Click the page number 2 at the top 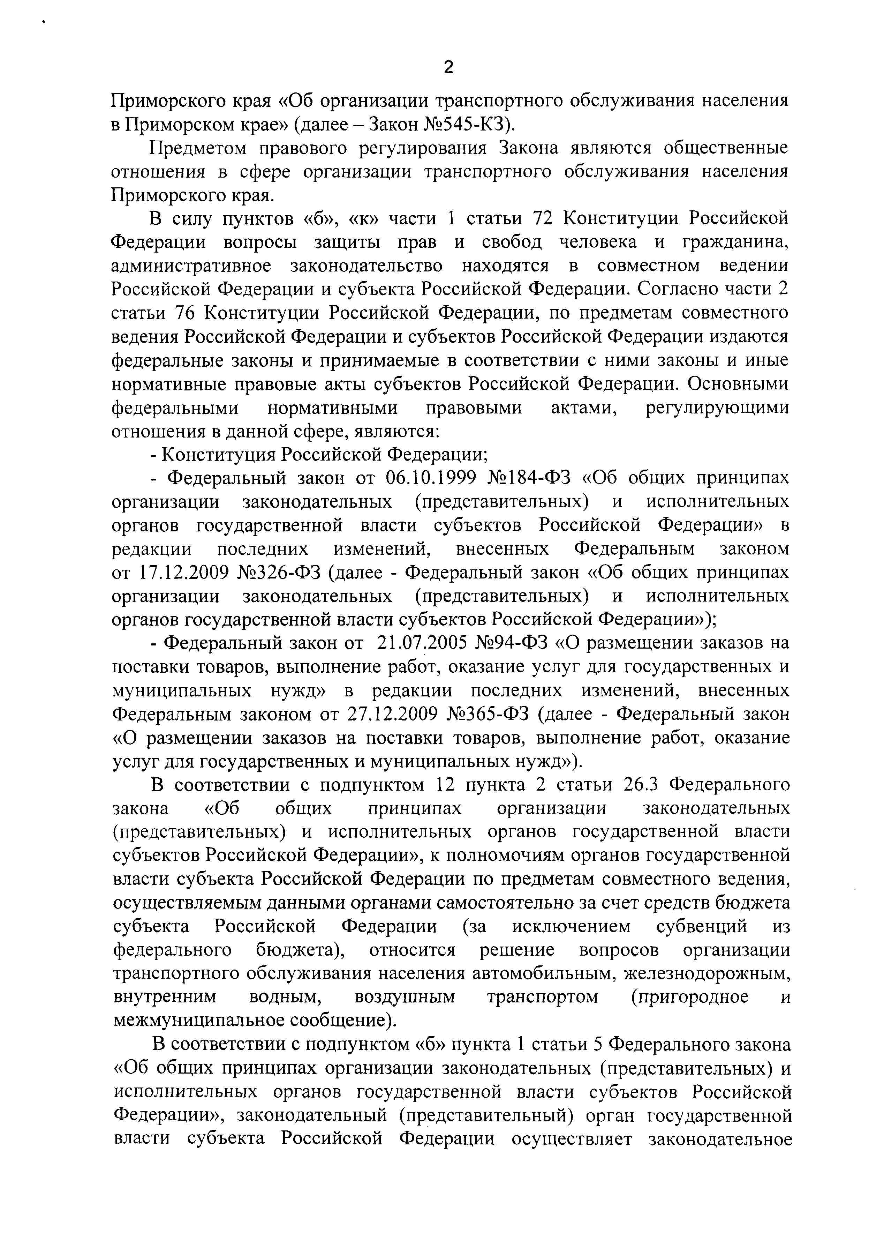click(x=448, y=67)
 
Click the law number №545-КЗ click(x=467, y=125)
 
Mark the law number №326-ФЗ click(x=279, y=573)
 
